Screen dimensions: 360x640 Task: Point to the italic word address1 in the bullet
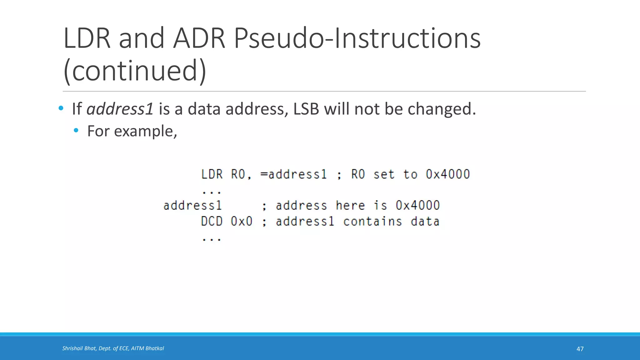(120, 109)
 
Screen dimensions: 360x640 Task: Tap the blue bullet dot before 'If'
(61, 108)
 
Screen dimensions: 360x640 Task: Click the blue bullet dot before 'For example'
(76, 130)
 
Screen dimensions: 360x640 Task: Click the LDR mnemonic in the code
(212, 174)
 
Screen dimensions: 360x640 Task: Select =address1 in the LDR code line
(294, 174)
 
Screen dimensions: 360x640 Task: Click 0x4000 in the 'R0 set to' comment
(448, 174)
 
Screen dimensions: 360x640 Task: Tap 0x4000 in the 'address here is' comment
(418, 206)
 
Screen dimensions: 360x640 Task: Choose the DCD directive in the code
(212, 222)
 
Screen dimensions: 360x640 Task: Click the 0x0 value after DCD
(242, 222)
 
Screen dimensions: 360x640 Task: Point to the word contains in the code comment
(372, 222)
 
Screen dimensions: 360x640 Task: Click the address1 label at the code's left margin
(192, 206)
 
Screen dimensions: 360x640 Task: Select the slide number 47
(580, 349)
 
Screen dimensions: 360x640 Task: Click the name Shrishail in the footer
(72, 348)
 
